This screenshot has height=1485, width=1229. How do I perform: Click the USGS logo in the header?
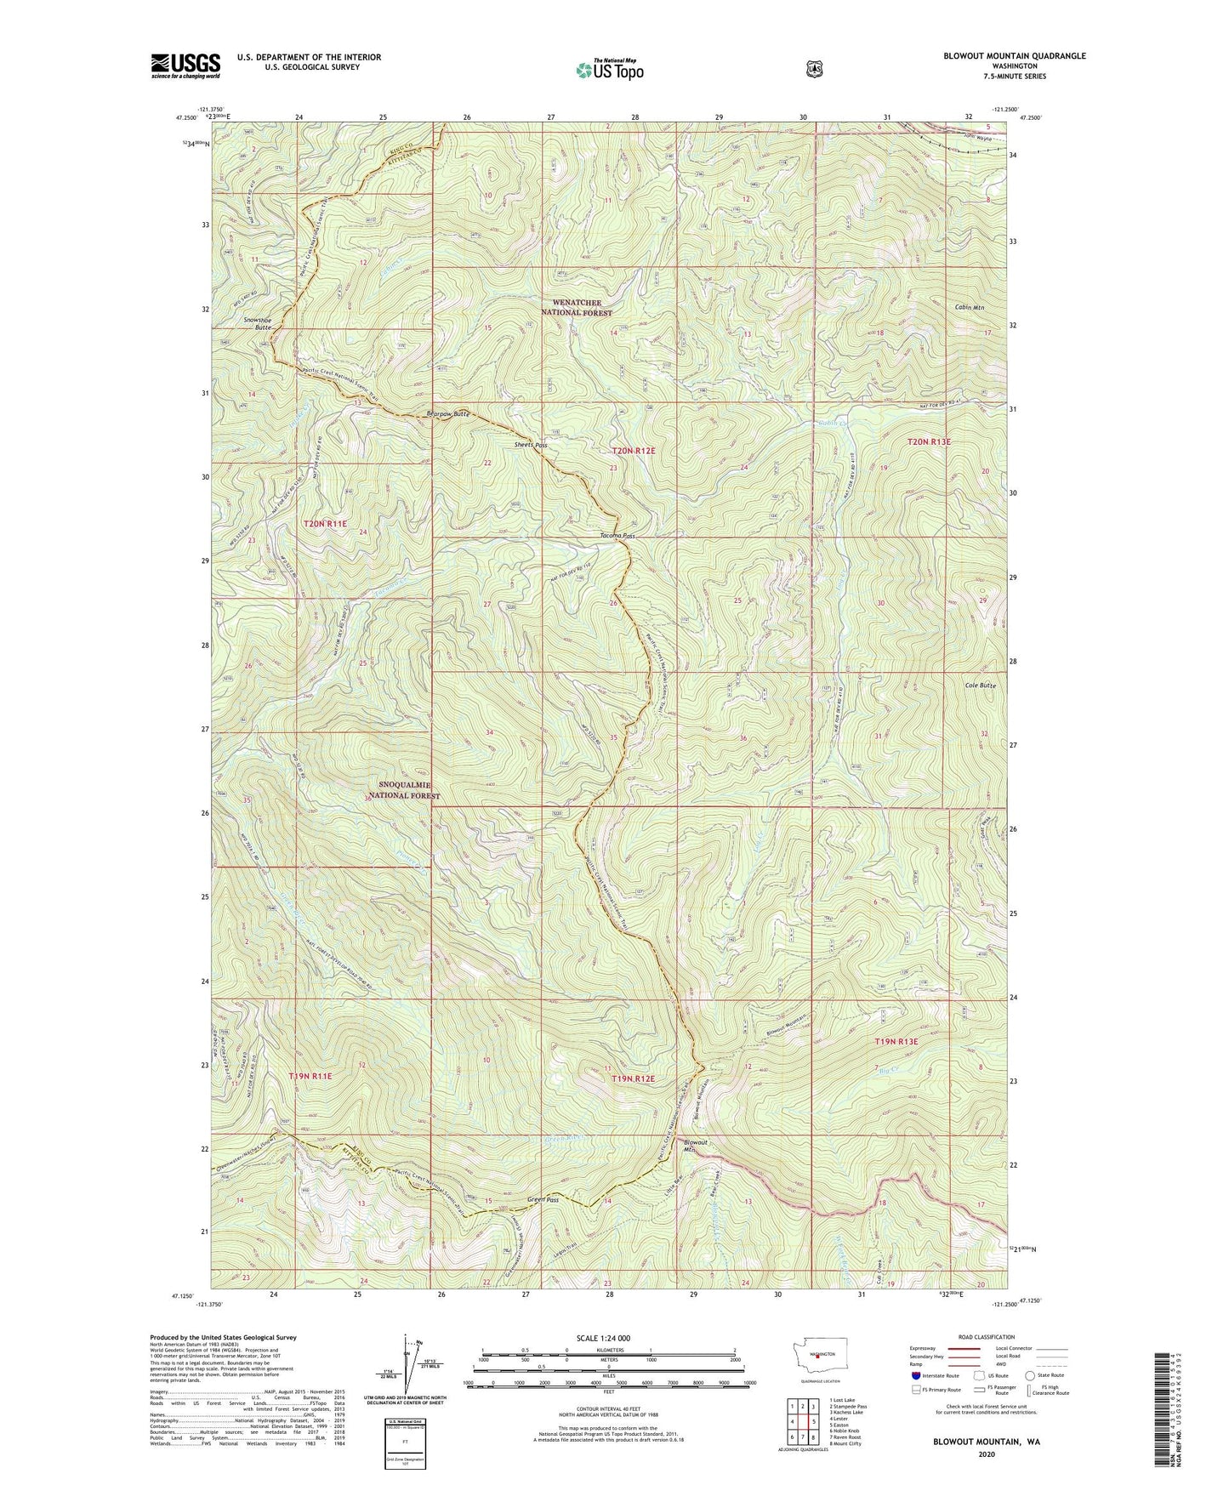pos(185,65)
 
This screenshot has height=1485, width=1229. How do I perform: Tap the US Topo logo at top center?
pos(608,70)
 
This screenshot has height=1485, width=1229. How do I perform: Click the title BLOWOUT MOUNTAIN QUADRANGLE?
pos(1014,56)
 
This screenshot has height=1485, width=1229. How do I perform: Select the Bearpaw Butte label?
pos(447,414)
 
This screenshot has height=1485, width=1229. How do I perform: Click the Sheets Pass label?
pos(529,445)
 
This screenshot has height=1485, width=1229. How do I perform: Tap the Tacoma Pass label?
pos(617,536)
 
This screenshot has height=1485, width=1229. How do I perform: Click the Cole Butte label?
pos(980,685)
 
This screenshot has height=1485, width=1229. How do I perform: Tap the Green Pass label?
pos(543,1200)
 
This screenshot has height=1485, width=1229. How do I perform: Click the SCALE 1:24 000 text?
pos(603,1338)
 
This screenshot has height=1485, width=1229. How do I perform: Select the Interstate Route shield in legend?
pos(915,1375)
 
